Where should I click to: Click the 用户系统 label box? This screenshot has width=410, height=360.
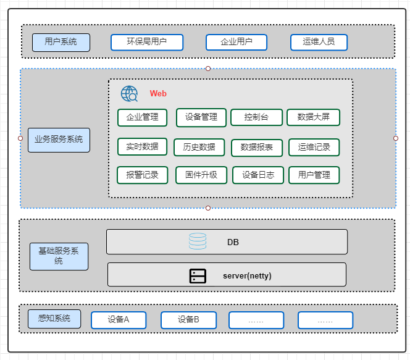pos(61,42)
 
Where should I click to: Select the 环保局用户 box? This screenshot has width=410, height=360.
pos(147,42)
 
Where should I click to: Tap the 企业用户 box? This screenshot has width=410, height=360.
pos(236,42)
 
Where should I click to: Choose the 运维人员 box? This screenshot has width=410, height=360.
pos(319,42)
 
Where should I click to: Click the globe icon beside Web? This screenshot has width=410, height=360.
pos(130,94)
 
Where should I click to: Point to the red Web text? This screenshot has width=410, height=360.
pos(158,94)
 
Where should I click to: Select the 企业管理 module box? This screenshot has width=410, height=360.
pos(143,117)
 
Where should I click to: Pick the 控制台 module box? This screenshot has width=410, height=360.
pos(256,117)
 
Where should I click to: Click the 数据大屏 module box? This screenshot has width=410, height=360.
pos(313,117)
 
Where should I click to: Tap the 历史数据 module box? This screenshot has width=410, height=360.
pos(195,147)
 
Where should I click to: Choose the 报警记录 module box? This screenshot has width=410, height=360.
pos(143,175)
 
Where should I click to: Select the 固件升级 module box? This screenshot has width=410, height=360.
pos(201,175)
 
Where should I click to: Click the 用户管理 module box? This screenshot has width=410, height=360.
pos(314,175)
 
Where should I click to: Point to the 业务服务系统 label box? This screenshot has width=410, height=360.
pos(59,140)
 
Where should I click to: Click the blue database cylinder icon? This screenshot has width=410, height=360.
pos(198,241)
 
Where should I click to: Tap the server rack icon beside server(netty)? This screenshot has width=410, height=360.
pos(198,275)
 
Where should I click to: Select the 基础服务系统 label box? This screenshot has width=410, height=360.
pos(59,256)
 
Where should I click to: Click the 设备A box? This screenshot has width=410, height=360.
pos(119,320)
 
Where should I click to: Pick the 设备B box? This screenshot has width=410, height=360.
pos(188,320)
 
